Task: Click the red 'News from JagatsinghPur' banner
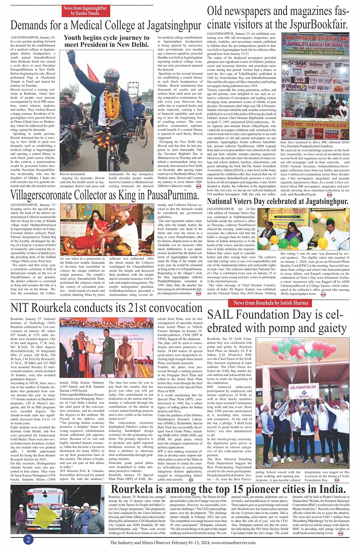[85, 11]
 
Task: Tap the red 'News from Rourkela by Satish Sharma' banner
[269, 303]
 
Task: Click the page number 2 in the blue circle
[28, 539]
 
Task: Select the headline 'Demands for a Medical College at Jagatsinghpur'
[106, 25]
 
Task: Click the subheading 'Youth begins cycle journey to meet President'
[106, 41]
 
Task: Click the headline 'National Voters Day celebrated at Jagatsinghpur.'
[278, 201]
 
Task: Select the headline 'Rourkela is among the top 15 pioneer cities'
[228, 489]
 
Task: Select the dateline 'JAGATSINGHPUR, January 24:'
[33, 38]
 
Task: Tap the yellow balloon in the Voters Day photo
[322, 243]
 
